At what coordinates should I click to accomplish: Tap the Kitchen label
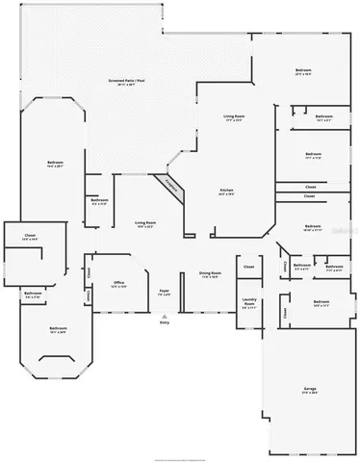point(226,191)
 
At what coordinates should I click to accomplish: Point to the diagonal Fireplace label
point(171,186)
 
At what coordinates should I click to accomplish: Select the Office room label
point(118,283)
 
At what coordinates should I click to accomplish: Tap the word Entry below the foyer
point(165,321)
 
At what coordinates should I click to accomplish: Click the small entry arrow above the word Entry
point(165,314)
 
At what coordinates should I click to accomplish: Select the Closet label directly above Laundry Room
point(248,267)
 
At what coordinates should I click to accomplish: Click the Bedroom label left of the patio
point(55,163)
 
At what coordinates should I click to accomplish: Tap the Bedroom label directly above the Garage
point(321,302)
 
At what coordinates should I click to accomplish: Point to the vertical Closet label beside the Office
point(89,272)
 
